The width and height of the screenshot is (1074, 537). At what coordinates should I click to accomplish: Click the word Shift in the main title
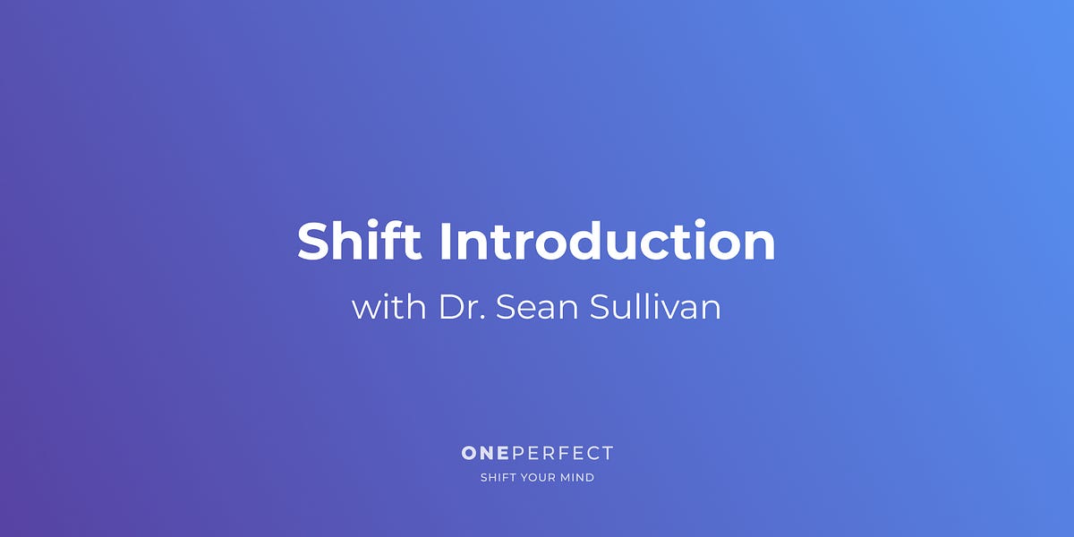359,241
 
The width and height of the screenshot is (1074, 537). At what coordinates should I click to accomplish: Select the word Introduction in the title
607,241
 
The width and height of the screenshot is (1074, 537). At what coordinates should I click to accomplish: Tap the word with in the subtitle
388,307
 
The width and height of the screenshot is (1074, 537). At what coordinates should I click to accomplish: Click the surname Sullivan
655,307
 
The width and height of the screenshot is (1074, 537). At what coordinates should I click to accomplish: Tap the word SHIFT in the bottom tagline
497,478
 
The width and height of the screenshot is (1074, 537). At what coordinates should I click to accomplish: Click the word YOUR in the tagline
539,478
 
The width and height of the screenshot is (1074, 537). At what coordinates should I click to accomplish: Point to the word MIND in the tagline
578,478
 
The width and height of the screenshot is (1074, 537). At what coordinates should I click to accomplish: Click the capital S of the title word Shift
314,242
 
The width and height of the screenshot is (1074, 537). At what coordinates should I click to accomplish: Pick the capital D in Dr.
450,307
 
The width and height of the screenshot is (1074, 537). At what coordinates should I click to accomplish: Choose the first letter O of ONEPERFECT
470,454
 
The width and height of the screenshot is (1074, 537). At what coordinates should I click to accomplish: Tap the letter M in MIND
566,478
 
